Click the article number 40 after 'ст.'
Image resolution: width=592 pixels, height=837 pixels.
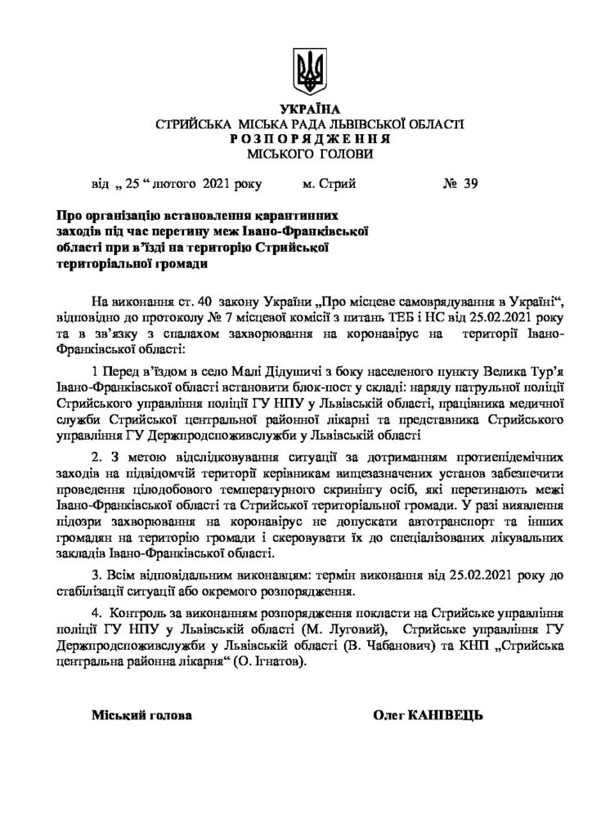pos(204,294)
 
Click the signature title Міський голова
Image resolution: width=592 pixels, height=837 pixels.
pos(142,716)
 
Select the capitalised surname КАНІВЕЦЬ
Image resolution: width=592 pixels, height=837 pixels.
pos(448,716)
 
